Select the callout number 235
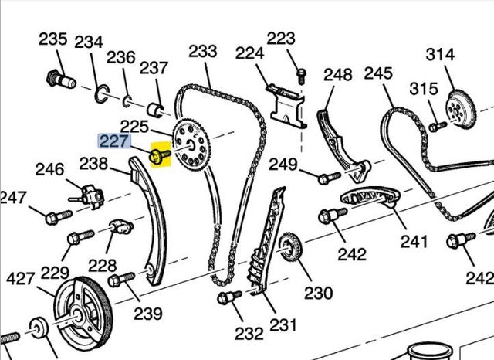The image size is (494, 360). point(53,39)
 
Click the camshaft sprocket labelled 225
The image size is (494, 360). point(189,144)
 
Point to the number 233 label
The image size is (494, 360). point(203,51)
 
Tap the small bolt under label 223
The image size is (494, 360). point(300,72)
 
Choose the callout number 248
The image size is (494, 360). point(337,74)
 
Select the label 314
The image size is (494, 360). point(441,54)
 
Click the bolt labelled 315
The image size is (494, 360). point(436,124)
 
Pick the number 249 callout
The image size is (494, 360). point(283,164)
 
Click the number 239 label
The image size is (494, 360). point(147,313)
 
